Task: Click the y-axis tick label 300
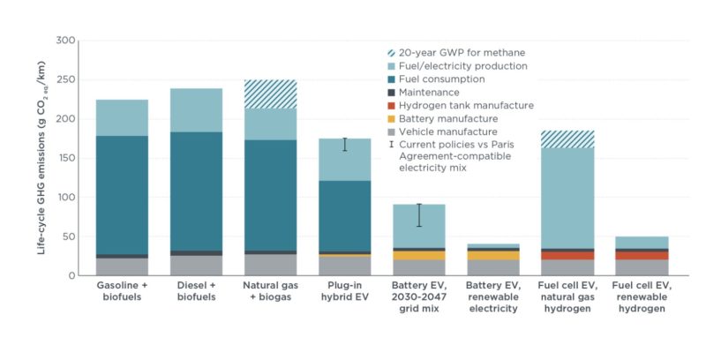click(x=65, y=41)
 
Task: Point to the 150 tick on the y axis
click(x=65, y=158)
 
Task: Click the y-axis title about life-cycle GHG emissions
click(x=41, y=158)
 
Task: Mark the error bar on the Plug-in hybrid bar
click(x=345, y=145)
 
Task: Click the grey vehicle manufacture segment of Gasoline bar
click(x=122, y=266)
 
